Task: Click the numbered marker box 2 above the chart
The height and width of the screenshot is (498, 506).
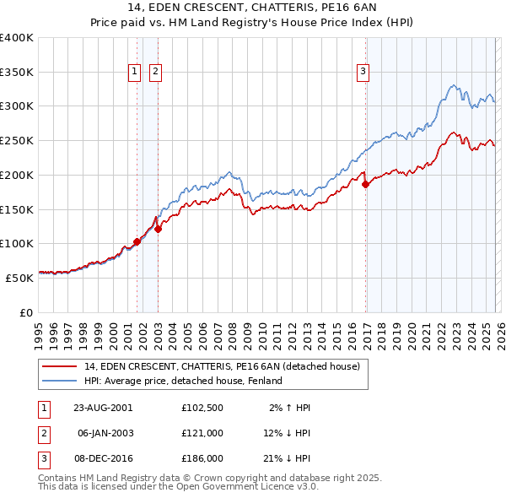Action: pyautogui.click(x=156, y=73)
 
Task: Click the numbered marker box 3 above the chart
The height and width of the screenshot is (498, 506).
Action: pyautogui.click(x=363, y=73)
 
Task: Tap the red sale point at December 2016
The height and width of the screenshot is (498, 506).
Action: pyautogui.click(x=365, y=185)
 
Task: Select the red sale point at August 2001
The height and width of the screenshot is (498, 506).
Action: pyautogui.click(x=137, y=242)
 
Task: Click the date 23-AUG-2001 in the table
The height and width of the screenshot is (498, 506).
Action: pyautogui.click(x=103, y=407)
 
